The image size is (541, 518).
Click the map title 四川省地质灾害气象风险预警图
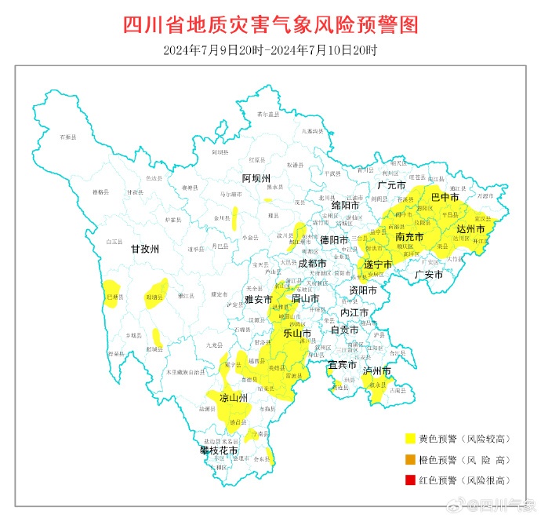270,24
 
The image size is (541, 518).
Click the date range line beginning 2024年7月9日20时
270,50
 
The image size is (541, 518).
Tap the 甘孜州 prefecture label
144,249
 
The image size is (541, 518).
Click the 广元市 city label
390,186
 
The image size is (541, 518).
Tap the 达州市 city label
470,228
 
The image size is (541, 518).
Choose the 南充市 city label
409,237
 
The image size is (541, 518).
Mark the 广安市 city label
429,275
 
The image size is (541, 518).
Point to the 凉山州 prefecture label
234,398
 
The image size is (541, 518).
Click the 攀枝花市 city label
218,451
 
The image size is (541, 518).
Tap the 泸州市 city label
376,370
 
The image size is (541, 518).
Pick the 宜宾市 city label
343,365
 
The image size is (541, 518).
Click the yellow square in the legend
410,439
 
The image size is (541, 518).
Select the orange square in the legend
410,459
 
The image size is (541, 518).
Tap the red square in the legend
410,480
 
